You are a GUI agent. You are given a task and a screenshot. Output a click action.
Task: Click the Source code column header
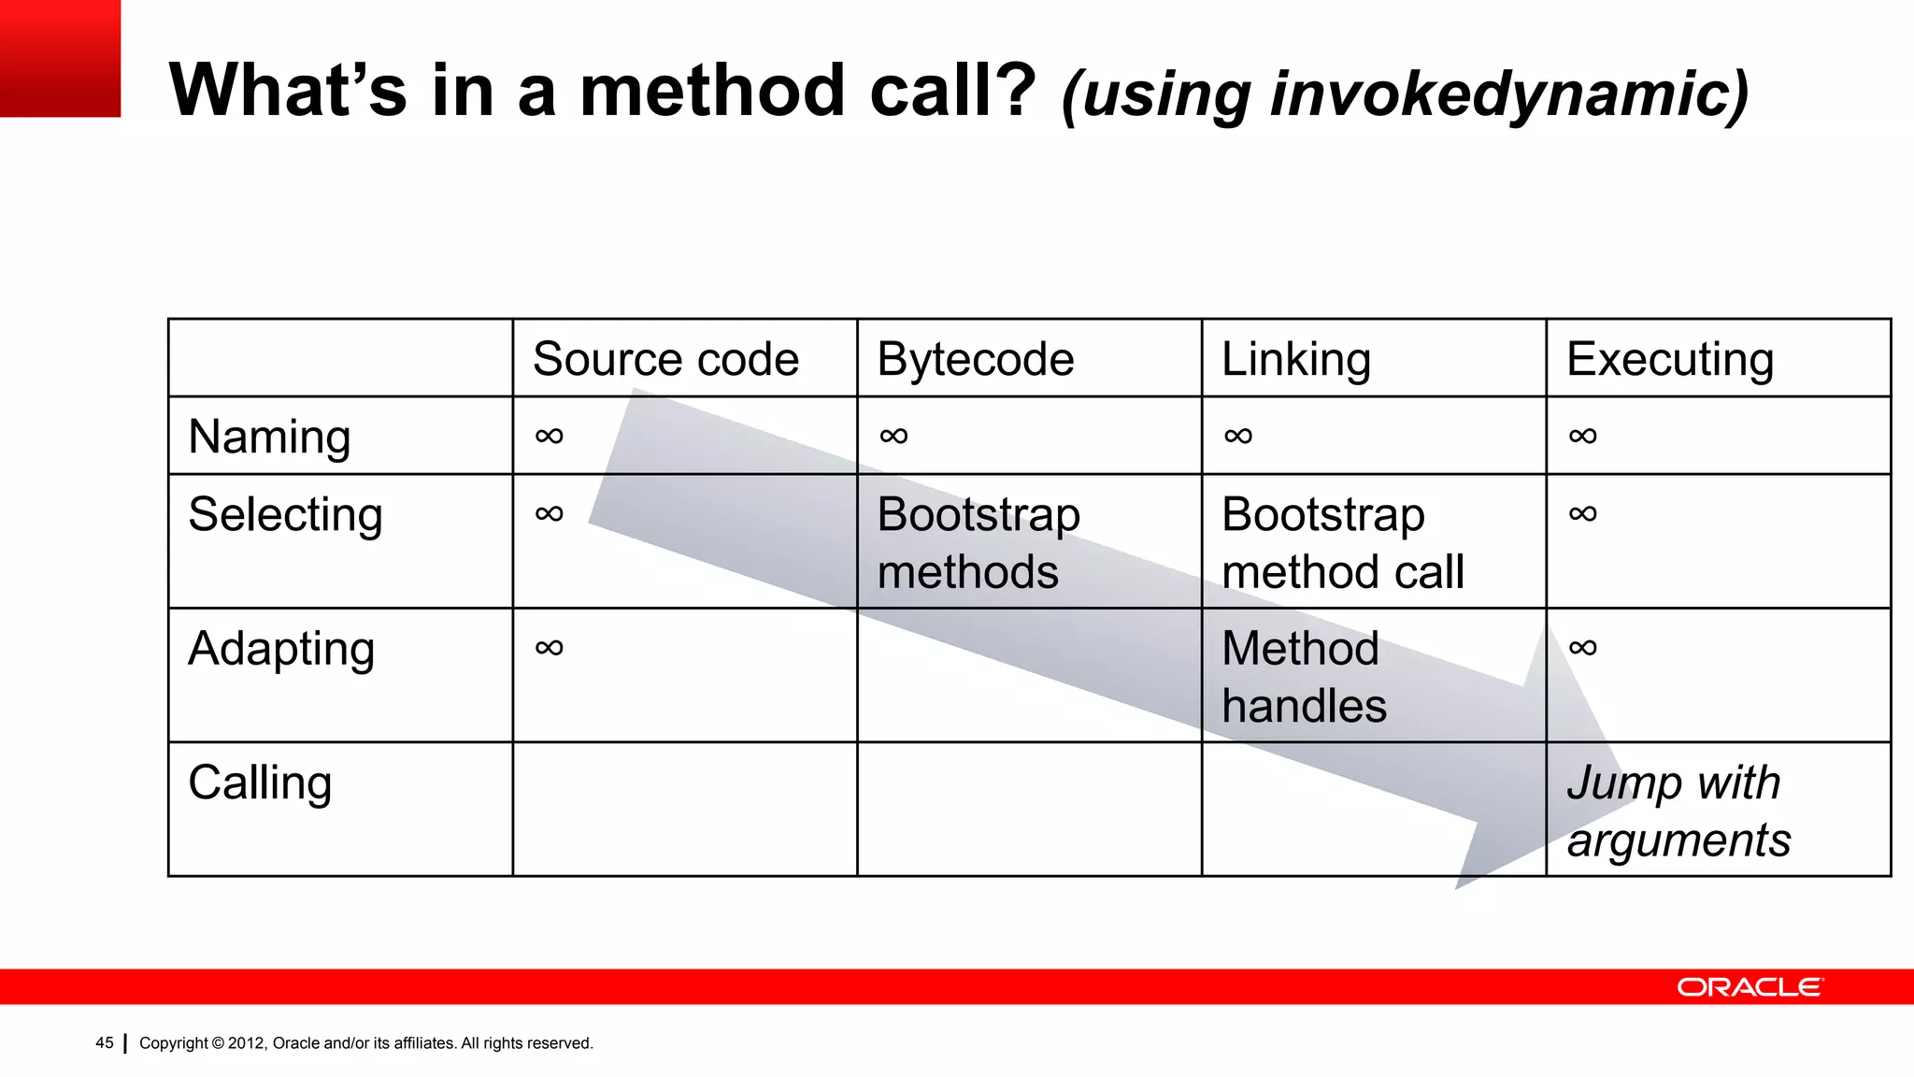point(665,359)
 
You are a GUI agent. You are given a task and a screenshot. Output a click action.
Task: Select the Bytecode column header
point(975,359)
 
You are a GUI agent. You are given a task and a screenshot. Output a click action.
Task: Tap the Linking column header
point(1295,359)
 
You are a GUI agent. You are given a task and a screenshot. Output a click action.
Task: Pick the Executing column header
point(1669,359)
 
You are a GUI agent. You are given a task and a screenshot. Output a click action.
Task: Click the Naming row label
point(269,437)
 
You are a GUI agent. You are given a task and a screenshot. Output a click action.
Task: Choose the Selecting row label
point(285,514)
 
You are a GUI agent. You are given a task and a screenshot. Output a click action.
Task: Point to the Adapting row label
point(281,649)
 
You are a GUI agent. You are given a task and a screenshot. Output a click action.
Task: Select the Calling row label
point(260,783)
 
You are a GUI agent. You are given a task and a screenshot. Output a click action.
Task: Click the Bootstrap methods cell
point(978,542)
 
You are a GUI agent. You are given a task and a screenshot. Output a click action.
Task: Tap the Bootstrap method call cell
point(1342,542)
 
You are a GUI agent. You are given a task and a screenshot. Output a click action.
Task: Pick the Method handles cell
point(1303,677)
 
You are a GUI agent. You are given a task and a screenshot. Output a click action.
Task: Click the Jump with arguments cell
point(1678,811)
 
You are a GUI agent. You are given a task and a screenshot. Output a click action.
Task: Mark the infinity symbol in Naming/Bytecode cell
point(893,436)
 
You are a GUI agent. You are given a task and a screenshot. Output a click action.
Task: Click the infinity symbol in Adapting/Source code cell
point(549,648)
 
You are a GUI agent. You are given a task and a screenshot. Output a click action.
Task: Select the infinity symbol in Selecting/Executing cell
point(1582,513)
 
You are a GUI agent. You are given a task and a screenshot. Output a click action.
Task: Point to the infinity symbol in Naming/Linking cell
point(1237,436)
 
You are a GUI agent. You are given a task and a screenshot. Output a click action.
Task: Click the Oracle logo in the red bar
point(1749,987)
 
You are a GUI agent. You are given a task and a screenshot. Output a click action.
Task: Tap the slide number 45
point(105,1043)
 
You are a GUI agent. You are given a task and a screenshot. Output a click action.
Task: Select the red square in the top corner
point(60,58)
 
